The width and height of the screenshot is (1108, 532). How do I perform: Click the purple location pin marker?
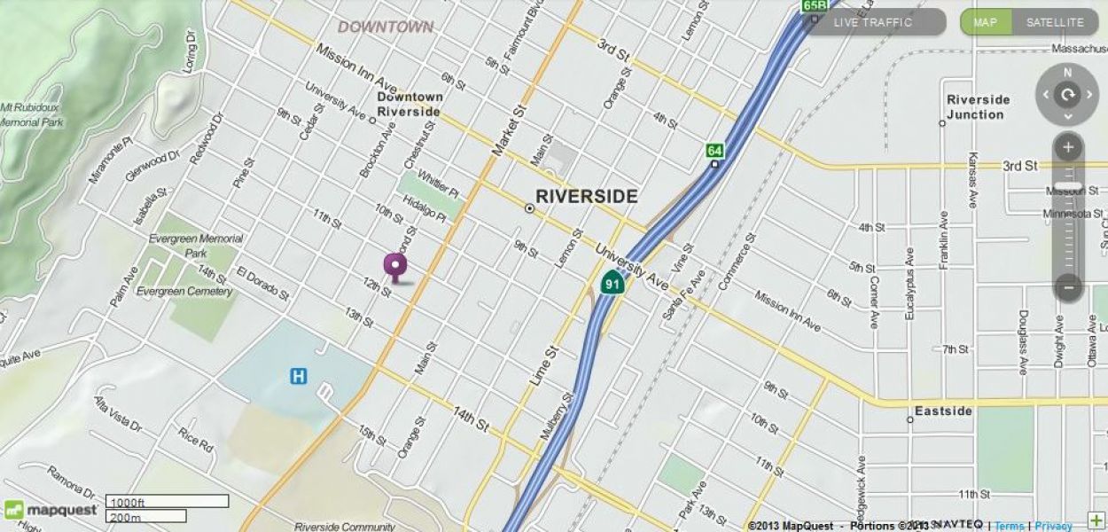pos(394,265)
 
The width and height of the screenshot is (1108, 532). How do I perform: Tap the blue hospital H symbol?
pos(299,377)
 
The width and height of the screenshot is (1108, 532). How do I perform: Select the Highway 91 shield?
pos(612,284)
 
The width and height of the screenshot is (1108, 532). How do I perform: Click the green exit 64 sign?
pos(714,151)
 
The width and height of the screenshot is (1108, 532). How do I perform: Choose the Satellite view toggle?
pos(1055,22)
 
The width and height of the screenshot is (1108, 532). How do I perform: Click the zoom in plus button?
pos(1068,147)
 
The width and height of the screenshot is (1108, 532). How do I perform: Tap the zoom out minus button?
pos(1068,286)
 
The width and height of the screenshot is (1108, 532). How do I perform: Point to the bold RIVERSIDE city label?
pos(586,197)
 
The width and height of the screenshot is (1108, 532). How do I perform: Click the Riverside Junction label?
pos(978,106)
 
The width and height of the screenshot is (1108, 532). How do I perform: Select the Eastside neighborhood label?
pos(943,411)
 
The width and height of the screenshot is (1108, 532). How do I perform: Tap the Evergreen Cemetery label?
pos(184,292)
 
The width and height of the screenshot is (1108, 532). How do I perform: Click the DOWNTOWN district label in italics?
pos(386,27)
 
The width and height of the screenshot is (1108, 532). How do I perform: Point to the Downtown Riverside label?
pos(409,104)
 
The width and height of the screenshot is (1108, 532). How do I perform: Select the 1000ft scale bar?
pos(167,501)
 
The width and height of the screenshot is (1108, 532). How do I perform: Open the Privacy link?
pos(1053,526)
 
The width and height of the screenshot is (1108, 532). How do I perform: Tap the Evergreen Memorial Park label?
pos(196,245)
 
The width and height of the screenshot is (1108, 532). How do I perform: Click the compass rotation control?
pos(1067,94)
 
